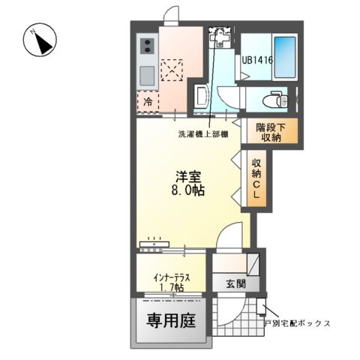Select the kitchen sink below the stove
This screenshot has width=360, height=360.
(146, 74)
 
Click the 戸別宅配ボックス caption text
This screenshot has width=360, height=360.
(298, 323)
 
